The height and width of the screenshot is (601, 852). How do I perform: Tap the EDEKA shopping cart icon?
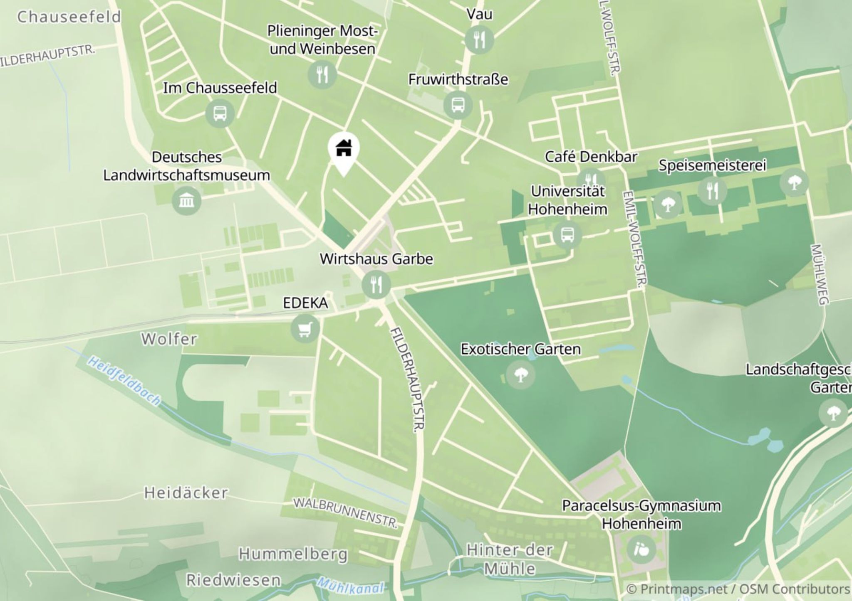tap(305, 328)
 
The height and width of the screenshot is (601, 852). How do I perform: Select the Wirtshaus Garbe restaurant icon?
tap(376, 285)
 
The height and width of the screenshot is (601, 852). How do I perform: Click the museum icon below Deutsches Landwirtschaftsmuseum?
tap(186, 201)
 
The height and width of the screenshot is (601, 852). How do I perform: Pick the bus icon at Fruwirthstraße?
tap(458, 105)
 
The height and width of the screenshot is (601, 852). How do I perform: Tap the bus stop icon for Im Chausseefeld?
tap(220, 113)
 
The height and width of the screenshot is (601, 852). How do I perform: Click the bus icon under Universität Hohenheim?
tap(567, 235)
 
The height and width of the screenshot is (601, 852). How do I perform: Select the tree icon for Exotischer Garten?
tap(520, 375)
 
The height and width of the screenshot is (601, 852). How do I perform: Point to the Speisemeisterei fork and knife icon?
tap(713, 191)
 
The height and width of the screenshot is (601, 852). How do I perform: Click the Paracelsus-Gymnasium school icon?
tap(641, 550)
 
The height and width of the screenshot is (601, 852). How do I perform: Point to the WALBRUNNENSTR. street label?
tap(346, 512)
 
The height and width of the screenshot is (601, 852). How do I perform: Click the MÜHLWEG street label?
tap(819, 274)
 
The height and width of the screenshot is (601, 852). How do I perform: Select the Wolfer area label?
tap(169, 339)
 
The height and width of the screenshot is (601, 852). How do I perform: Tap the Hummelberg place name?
tap(293, 554)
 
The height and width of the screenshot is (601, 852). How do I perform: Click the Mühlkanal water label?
tap(350, 586)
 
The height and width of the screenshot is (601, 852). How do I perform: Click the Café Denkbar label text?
tap(591, 157)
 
